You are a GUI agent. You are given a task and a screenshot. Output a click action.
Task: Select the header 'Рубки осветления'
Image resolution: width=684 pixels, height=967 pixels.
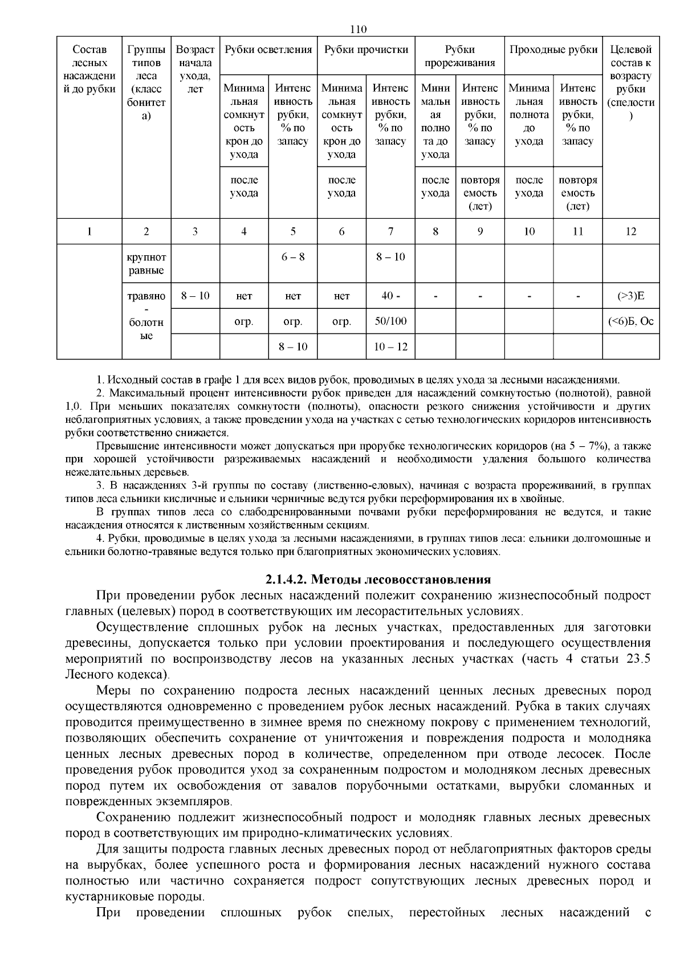tap(268, 50)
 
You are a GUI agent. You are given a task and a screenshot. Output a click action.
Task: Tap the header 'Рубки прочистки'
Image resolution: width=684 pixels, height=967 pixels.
tap(366, 50)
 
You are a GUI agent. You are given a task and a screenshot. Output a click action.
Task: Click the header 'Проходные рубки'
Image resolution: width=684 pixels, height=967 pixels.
tap(553, 50)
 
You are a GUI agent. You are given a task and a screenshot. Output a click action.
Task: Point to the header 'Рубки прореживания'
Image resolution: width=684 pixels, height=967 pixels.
tap(459, 56)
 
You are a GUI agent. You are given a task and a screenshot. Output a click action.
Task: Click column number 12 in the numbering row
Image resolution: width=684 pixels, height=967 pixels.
tap(630, 231)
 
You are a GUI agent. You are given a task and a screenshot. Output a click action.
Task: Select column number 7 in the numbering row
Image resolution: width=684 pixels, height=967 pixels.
tap(390, 231)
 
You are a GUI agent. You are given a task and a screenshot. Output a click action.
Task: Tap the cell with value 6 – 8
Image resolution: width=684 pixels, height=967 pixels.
tap(292, 257)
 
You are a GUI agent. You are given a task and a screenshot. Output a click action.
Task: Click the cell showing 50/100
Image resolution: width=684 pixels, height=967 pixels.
tap(390, 321)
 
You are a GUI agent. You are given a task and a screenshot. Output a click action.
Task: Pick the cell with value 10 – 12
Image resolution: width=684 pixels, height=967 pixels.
tap(390, 347)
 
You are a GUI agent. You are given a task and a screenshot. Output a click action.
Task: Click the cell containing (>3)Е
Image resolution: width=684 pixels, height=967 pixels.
tap(630, 296)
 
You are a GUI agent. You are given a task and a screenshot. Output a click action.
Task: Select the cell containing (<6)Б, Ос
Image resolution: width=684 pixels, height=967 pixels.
tap(630, 321)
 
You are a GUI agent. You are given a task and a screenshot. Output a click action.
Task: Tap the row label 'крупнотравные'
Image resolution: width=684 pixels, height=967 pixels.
tap(146, 263)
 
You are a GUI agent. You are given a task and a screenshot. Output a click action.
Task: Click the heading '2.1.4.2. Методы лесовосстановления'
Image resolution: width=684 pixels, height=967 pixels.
tap(377, 580)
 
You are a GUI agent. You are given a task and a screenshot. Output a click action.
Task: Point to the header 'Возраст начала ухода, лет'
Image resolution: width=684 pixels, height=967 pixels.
tap(195, 69)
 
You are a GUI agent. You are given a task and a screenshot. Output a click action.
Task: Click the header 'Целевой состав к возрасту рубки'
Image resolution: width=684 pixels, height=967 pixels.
tap(630, 82)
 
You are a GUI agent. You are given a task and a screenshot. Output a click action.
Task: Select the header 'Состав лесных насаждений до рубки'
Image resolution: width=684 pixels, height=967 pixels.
tap(89, 69)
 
